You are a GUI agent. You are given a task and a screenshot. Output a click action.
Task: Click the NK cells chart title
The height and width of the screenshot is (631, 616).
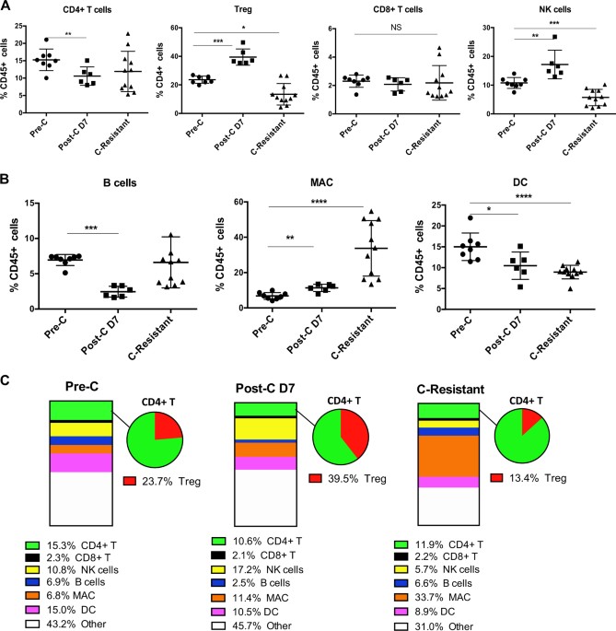[537, 10]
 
